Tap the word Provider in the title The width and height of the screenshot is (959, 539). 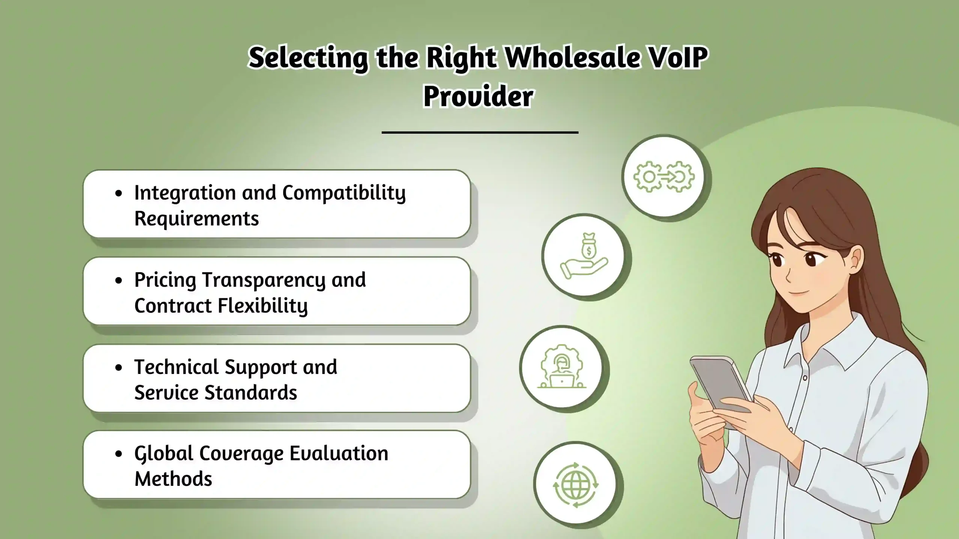(478, 96)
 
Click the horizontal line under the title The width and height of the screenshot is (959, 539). (480, 132)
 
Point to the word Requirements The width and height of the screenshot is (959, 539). (196, 219)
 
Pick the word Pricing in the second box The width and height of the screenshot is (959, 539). (165, 280)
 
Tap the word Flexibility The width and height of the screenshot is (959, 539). (263, 306)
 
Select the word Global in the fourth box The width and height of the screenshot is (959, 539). (163, 454)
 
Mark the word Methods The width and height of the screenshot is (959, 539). (173, 479)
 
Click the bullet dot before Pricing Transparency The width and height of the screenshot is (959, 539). (119, 280)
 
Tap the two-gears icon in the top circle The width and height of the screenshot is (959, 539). (664, 177)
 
